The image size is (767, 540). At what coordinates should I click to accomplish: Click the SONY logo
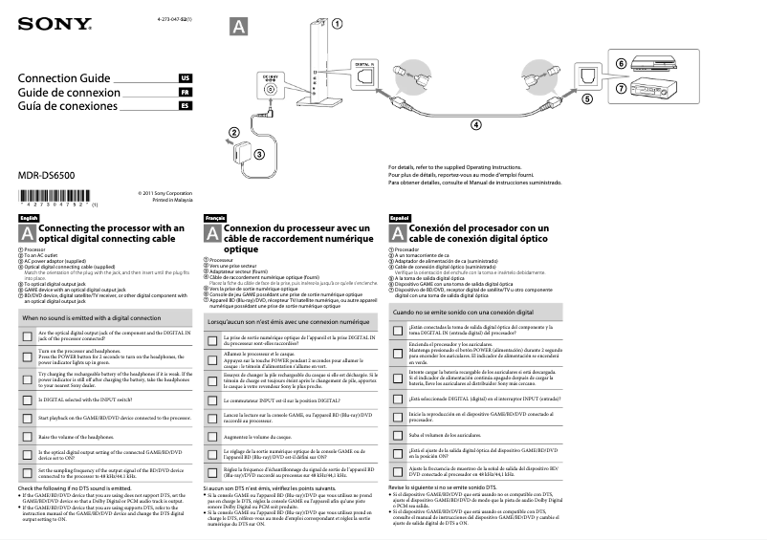(46, 23)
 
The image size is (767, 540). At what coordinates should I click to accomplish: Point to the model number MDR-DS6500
(50, 176)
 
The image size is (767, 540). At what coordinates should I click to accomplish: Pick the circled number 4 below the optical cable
(475, 124)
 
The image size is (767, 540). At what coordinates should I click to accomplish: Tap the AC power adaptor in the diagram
(235, 151)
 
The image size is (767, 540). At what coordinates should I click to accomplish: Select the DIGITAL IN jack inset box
(362, 72)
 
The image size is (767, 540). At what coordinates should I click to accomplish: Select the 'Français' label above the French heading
(216, 219)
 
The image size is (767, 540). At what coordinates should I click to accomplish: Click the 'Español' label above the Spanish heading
(400, 219)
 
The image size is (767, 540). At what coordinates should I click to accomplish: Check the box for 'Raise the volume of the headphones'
(27, 436)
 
